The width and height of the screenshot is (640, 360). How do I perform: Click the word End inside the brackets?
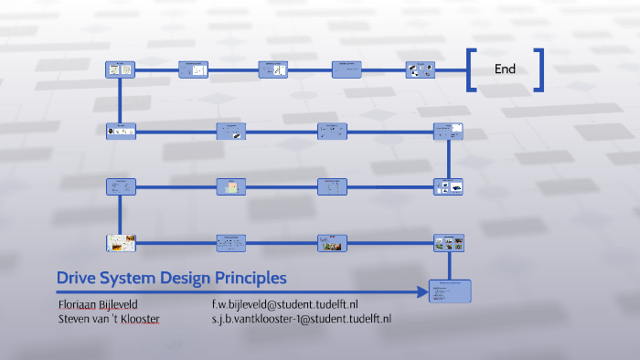click(505, 69)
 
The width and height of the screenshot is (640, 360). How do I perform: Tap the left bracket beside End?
click(472, 69)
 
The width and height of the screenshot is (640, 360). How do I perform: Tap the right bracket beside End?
click(539, 69)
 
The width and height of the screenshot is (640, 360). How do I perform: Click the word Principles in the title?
click(251, 277)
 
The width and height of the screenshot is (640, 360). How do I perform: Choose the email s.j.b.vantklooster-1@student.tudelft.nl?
click(302, 318)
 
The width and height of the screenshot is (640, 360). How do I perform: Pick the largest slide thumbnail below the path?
click(449, 291)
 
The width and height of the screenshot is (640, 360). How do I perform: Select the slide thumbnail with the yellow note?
click(231, 186)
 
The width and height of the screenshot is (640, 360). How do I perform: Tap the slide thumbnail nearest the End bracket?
click(420, 69)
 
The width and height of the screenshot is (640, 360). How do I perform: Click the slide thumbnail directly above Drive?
click(121, 242)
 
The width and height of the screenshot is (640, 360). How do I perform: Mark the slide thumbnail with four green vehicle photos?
click(449, 242)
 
